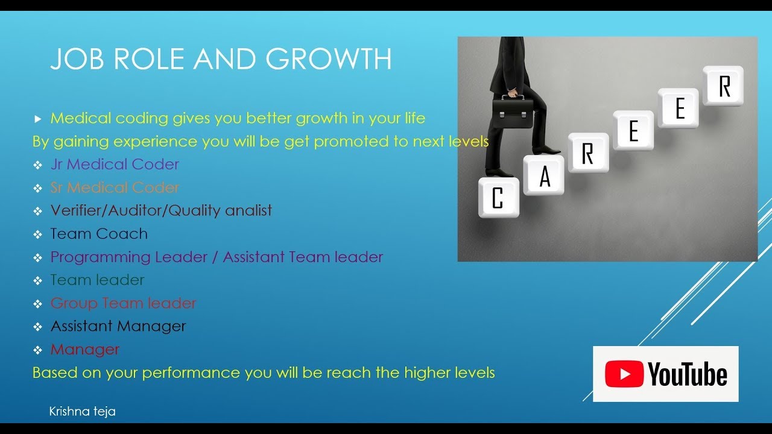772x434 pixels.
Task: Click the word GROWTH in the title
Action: [329, 59]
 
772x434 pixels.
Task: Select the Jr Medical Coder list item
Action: [115, 165]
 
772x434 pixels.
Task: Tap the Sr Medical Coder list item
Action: [115, 187]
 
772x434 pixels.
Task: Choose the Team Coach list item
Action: [99, 234]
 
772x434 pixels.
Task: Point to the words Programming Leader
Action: [126, 257]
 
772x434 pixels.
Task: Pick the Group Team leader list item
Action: [123, 303]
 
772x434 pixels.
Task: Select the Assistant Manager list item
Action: [118, 327]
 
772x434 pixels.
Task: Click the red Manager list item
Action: [85, 350]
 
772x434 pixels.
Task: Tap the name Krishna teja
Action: [82, 412]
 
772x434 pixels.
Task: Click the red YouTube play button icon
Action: [624, 374]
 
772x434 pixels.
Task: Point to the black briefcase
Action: [513, 112]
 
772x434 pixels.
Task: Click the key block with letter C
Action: [498, 198]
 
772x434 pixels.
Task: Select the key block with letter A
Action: [544, 175]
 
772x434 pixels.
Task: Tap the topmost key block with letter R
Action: [723, 86]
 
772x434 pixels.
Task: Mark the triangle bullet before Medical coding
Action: [38, 119]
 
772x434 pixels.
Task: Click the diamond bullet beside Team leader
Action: [38, 281]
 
